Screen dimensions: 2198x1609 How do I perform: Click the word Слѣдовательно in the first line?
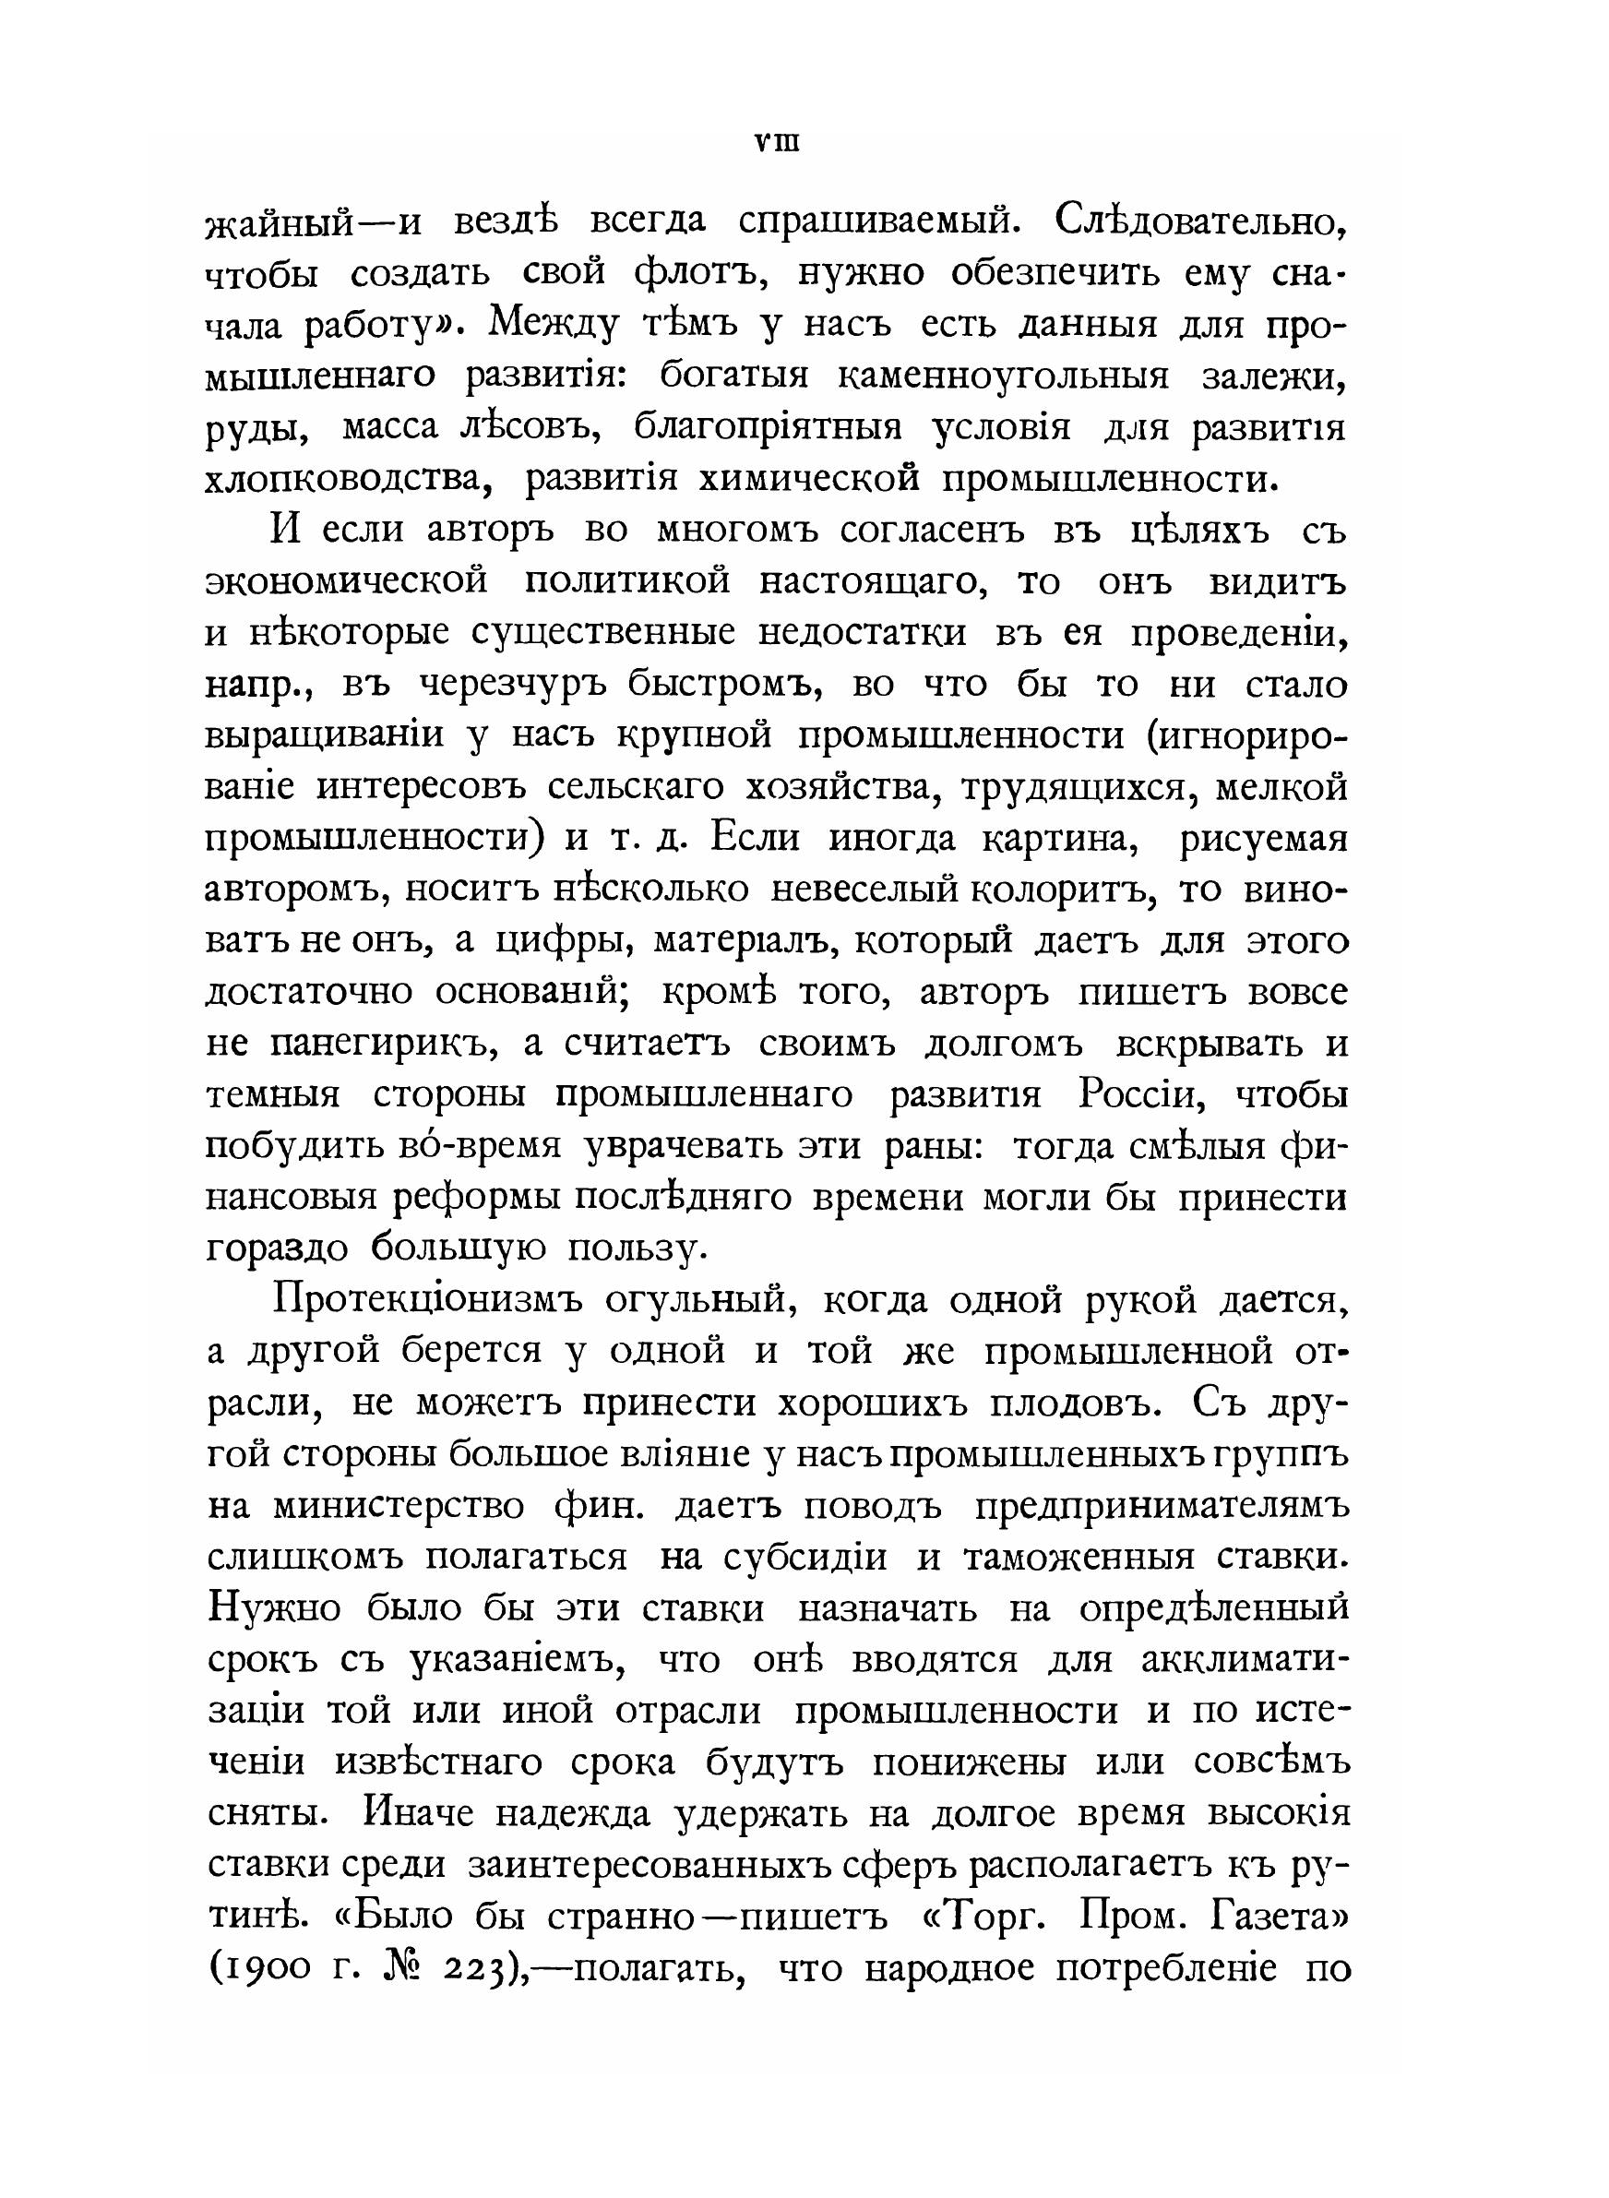pyautogui.click(x=1202, y=224)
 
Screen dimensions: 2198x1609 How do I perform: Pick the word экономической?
pyautogui.click(x=347, y=582)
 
